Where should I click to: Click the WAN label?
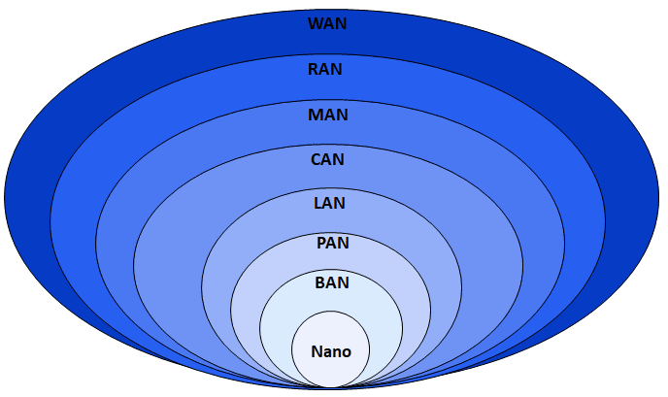click(327, 23)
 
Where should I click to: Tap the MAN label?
click(328, 115)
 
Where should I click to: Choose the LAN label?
click(330, 204)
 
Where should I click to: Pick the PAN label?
click(332, 243)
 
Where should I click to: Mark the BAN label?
click(332, 282)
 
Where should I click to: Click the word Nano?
click(330, 351)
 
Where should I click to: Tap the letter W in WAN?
click(315, 23)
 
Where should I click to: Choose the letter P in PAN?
click(321, 243)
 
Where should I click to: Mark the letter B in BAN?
click(321, 282)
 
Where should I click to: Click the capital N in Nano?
click(317, 351)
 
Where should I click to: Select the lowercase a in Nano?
click(327, 352)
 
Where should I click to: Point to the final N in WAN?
click(341, 23)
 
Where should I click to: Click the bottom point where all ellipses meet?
click(331, 387)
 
